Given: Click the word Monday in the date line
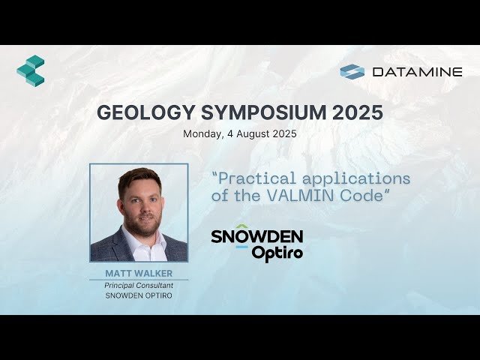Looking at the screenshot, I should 199,135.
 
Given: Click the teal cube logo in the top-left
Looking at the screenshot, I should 31,70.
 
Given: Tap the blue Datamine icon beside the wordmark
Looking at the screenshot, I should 352,72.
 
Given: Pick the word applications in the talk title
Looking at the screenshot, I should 361,178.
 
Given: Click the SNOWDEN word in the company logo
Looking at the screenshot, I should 256,237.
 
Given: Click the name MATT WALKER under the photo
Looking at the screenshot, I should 139,273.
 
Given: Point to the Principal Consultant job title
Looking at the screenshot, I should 139,285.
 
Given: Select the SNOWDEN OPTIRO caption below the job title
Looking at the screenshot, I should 139,295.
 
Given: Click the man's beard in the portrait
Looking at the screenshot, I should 140,223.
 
